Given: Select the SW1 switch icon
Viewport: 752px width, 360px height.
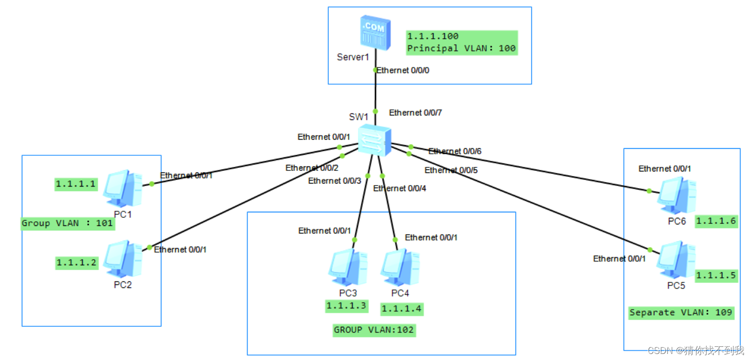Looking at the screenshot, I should pos(375,141).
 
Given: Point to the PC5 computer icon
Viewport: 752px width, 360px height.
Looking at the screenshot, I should pos(677,260).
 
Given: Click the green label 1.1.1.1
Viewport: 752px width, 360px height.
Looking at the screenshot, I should pos(76,184).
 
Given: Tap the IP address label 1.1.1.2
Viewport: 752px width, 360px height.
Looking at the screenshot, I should pos(77,262).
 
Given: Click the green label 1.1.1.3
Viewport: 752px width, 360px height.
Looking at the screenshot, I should pos(346,306).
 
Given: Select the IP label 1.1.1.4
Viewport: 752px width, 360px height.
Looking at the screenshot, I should pos(402,309).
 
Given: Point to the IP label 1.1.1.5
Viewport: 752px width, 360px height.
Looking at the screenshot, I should pos(716,275).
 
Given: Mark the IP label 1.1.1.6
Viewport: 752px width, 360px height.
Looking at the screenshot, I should pos(716,221).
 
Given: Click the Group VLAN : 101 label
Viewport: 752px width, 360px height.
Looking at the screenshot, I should pos(68,223).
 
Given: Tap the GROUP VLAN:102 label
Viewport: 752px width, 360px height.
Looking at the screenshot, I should pos(374,330).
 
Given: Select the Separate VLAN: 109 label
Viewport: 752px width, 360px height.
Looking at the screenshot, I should pos(680,313).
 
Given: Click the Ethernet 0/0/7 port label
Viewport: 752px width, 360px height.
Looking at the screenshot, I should pos(415,112).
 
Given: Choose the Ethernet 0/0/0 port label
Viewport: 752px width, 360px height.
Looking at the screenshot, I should pos(403,70).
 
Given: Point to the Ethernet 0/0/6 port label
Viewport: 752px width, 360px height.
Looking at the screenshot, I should pos(455,151).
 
